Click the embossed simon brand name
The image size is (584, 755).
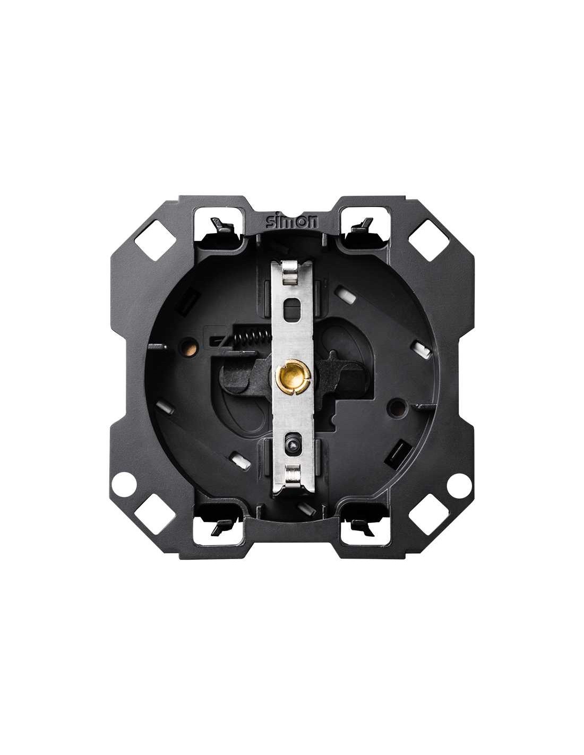tap(291, 222)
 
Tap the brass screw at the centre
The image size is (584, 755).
tap(291, 375)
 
